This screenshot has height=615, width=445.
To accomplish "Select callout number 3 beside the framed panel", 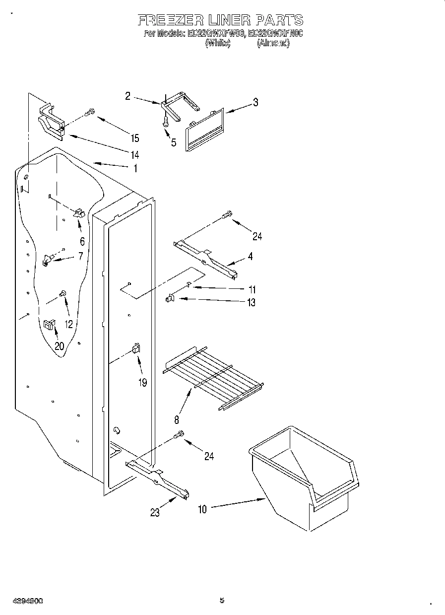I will click(x=255, y=103).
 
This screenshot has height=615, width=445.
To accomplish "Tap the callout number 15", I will click(x=135, y=138).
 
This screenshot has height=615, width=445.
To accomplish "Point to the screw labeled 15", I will click(x=90, y=113).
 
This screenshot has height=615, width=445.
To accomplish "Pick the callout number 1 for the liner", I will click(x=135, y=168).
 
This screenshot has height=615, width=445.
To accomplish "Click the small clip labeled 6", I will click(x=79, y=213).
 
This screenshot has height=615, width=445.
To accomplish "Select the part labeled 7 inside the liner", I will click(x=48, y=259).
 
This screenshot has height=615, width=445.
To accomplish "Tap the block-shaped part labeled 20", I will click(x=49, y=325).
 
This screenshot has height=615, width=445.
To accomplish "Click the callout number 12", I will click(x=68, y=324).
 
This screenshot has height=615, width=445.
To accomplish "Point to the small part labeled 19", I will click(x=135, y=349).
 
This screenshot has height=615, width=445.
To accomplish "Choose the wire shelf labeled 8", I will click(x=213, y=380).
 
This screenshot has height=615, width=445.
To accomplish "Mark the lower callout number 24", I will click(x=209, y=456).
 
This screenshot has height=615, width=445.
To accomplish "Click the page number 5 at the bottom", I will click(x=222, y=601).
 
